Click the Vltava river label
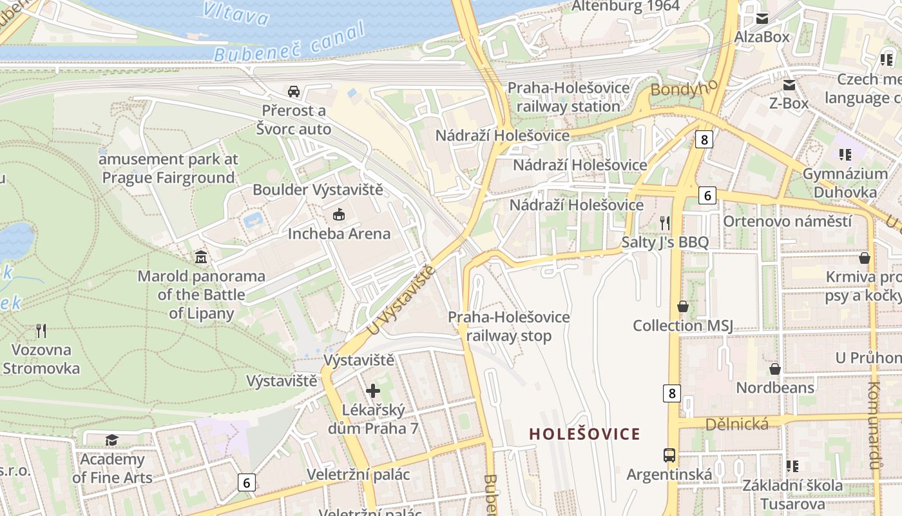pyautogui.click(x=235, y=13)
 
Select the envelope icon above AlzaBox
pyautogui.click(x=762, y=18)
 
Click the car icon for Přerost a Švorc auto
pyautogui.click(x=294, y=91)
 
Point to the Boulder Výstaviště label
pyautogui.click(x=318, y=190)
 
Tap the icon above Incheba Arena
pyautogui.click(x=339, y=214)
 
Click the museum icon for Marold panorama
pyautogui.click(x=201, y=257)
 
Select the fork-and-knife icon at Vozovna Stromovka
pyautogui.click(x=41, y=331)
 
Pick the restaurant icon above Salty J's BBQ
pyautogui.click(x=665, y=223)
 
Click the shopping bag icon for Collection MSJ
pyautogui.click(x=683, y=306)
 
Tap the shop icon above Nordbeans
pyautogui.click(x=775, y=369)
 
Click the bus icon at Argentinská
pyautogui.click(x=669, y=455)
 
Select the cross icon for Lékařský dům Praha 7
pyautogui.click(x=373, y=391)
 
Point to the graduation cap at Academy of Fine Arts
pyautogui.click(x=112, y=440)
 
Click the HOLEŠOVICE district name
pyautogui.click(x=585, y=434)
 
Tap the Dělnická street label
pyautogui.click(x=737, y=424)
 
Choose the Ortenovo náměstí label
pyautogui.click(x=787, y=221)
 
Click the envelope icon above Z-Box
pyautogui.click(x=789, y=84)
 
